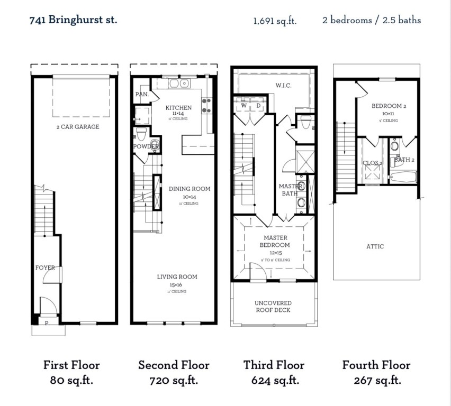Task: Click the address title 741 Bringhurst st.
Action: click(x=74, y=20)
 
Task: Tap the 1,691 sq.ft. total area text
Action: click(x=275, y=21)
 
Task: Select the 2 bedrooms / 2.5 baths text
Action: click(x=372, y=21)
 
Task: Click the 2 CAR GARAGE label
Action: click(x=78, y=127)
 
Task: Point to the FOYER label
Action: click(x=45, y=267)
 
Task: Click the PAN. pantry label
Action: click(x=141, y=94)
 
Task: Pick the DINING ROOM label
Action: click(x=189, y=189)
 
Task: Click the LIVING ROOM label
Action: click(x=177, y=276)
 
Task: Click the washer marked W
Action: click(x=244, y=106)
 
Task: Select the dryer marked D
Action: click(x=259, y=106)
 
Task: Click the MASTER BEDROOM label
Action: click(x=275, y=242)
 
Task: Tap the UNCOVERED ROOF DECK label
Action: click(x=273, y=306)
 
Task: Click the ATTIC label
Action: click(x=375, y=246)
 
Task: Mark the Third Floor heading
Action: click(x=274, y=365)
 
